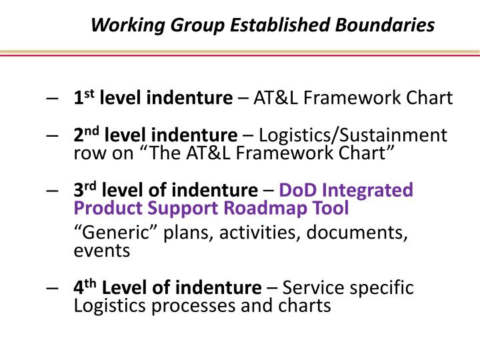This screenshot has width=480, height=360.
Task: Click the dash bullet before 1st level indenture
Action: (54, 99)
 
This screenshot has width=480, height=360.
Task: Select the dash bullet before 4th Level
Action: (54, 289)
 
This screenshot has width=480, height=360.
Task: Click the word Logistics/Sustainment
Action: (353, 135)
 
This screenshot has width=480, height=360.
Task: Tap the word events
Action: (102, 251)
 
